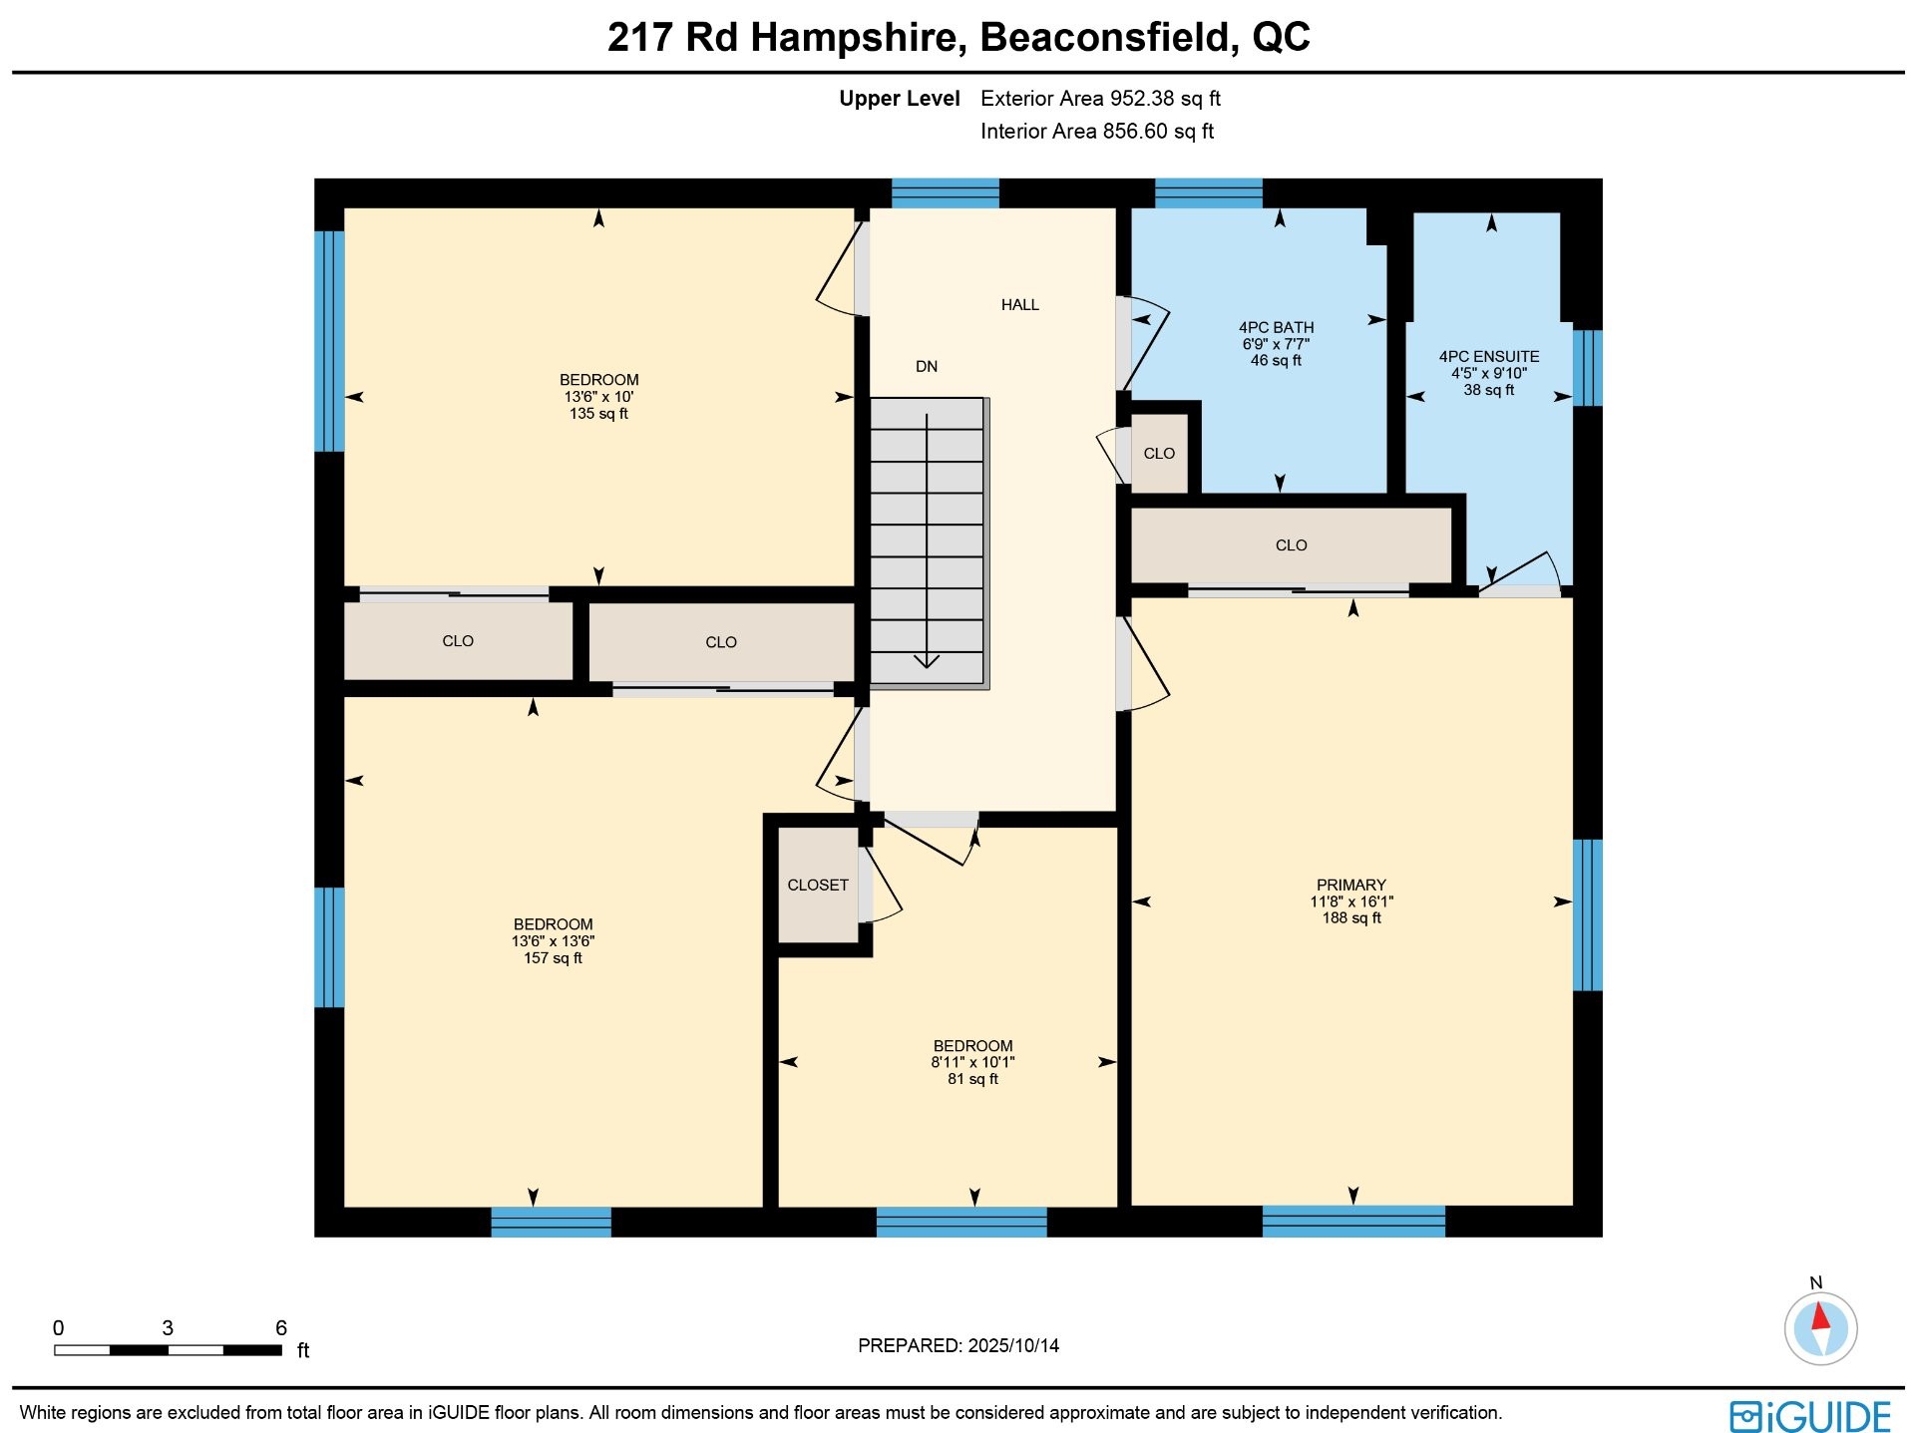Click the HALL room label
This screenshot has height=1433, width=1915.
click(1019, 305)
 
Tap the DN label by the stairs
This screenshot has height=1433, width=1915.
click(927, 367)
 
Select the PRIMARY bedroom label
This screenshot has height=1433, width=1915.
click(1350, 886)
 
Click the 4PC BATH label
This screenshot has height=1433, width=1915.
click(1276, 328)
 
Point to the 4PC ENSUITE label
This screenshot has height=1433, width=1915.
click(1488, 357)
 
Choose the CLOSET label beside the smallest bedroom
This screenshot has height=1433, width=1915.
click(818, 886)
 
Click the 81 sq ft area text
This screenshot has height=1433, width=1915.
click(972, 1079)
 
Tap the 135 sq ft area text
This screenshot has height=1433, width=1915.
click(598, 414)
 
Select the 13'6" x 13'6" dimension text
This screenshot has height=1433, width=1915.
click(553, 941)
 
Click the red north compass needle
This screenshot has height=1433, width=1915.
click(1821, 1316)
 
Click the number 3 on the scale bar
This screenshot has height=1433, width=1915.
click(168, 1328)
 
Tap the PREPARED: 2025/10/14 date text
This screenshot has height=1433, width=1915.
click(957, 1346)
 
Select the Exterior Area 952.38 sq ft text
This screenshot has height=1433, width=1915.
click(1100, 99)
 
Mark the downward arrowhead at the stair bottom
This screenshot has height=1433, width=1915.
click(927, 660)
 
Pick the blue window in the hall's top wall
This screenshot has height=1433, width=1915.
click(945, 193)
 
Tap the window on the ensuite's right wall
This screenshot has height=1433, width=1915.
click(1587, 368)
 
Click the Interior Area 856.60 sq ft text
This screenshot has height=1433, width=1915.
click(1097, 132)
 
